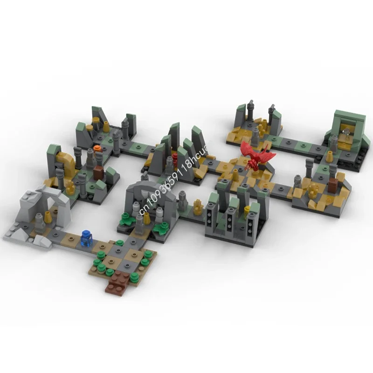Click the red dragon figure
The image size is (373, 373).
pos(256,157)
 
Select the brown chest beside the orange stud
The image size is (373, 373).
pos(98,173)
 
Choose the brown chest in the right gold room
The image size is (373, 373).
pos(332,186)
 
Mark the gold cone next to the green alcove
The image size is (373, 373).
pos(330,156)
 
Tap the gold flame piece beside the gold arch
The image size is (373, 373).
pos(71,186)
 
